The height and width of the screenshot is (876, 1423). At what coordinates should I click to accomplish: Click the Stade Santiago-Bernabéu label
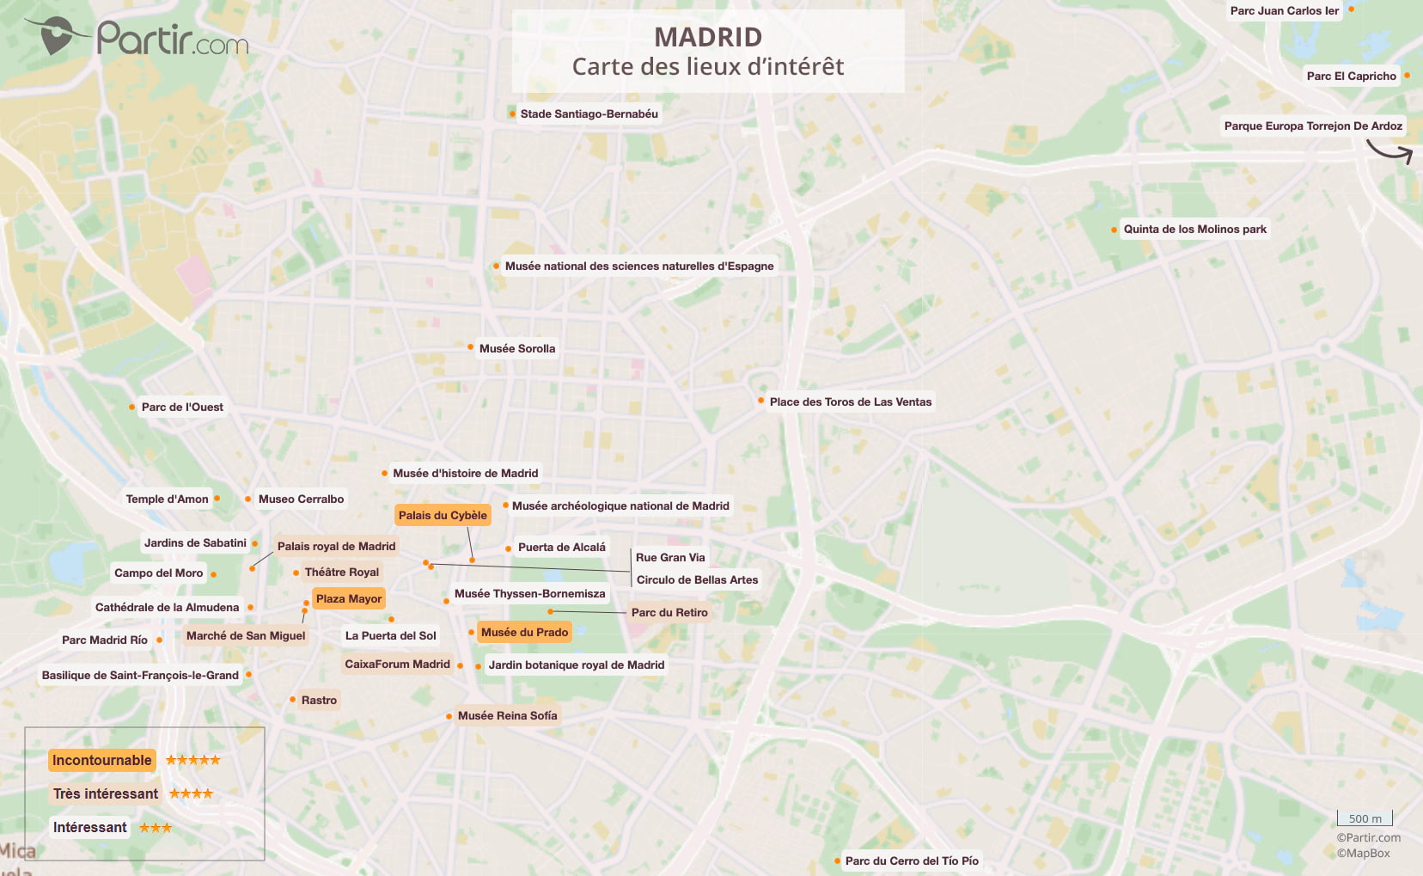[589, 114]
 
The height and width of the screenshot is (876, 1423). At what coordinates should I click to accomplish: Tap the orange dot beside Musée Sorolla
[470, 347]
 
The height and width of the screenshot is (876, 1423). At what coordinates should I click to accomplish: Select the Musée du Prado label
[524, 633]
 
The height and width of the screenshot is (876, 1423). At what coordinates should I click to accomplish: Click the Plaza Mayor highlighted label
[348, 599]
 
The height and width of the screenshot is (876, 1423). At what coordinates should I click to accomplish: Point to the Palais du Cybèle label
[443, 516]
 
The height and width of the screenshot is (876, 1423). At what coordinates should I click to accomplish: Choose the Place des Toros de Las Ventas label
[850, 402]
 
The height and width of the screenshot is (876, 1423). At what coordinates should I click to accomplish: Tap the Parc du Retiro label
[669, 613]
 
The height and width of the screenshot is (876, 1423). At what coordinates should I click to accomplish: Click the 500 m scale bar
[1365, 818]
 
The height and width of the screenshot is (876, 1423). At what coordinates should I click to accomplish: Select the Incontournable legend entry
[101, 761]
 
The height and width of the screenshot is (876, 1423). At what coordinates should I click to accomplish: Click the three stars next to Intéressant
[156, 828]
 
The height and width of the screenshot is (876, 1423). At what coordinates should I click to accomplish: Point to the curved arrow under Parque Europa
[1389, 151]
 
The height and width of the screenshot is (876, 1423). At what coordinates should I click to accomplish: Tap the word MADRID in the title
[708, 38]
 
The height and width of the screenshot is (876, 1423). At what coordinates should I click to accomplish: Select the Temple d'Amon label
[167, 499]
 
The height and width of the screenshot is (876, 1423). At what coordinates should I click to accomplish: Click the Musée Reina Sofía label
[507, 716]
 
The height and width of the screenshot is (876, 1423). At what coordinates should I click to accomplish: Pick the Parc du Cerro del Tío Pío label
[911, 861]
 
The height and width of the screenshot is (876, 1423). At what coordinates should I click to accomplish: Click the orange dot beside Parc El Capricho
[1407, 76]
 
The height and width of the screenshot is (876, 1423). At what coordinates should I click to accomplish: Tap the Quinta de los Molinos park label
[1194, 230]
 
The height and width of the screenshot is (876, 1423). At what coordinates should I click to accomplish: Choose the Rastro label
[319, 701]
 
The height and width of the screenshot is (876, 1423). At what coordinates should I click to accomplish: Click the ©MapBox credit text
[1363, 854]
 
